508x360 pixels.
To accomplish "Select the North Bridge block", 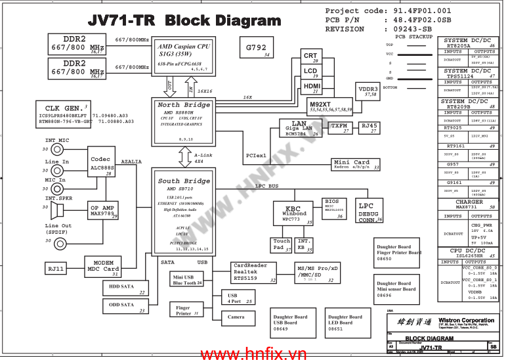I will pos(184,122).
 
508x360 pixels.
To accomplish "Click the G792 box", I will pos(257,49).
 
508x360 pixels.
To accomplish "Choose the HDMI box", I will pos(312,87).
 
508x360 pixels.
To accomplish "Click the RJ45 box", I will pos(369,127).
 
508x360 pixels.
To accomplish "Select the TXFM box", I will pos(339,127).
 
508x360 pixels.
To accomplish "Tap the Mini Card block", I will pos(352,164).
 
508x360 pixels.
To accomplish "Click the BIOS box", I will pos(332,208).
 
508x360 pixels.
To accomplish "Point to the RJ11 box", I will pos(56,269).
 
